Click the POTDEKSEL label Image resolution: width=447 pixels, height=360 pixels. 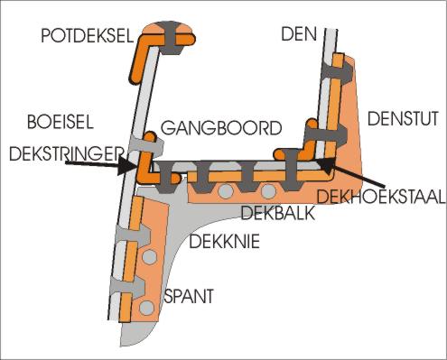pos(88,35)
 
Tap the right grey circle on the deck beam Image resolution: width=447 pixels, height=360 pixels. pos(268,190)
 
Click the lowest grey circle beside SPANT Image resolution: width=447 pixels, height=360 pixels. pos(146,309)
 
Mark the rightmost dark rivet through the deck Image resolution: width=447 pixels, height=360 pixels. pos(293,166)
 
